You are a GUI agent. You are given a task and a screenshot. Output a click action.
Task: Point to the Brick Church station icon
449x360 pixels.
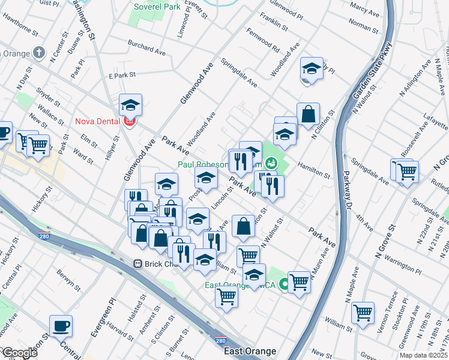[x=137, y=263]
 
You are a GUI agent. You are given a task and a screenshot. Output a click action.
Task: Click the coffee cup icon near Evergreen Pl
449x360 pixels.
[x=61, y=326]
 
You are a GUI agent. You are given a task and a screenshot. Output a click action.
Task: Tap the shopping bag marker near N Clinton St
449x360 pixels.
[x=308, y=114]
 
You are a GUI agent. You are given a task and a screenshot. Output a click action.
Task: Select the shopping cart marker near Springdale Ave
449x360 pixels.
[x=407, y=171]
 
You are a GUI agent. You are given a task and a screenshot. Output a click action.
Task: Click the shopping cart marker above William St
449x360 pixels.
[x=363, y=313]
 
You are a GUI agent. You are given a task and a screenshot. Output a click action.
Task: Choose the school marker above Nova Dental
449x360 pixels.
[x=130, y=106]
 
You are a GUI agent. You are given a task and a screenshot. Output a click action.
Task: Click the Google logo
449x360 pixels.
[x=19, y=353]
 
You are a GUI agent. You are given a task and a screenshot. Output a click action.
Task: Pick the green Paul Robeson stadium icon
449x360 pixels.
[x=271, y=163]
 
